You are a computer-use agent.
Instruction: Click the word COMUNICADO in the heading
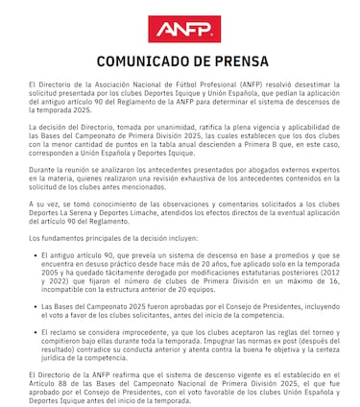point(142,62)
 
